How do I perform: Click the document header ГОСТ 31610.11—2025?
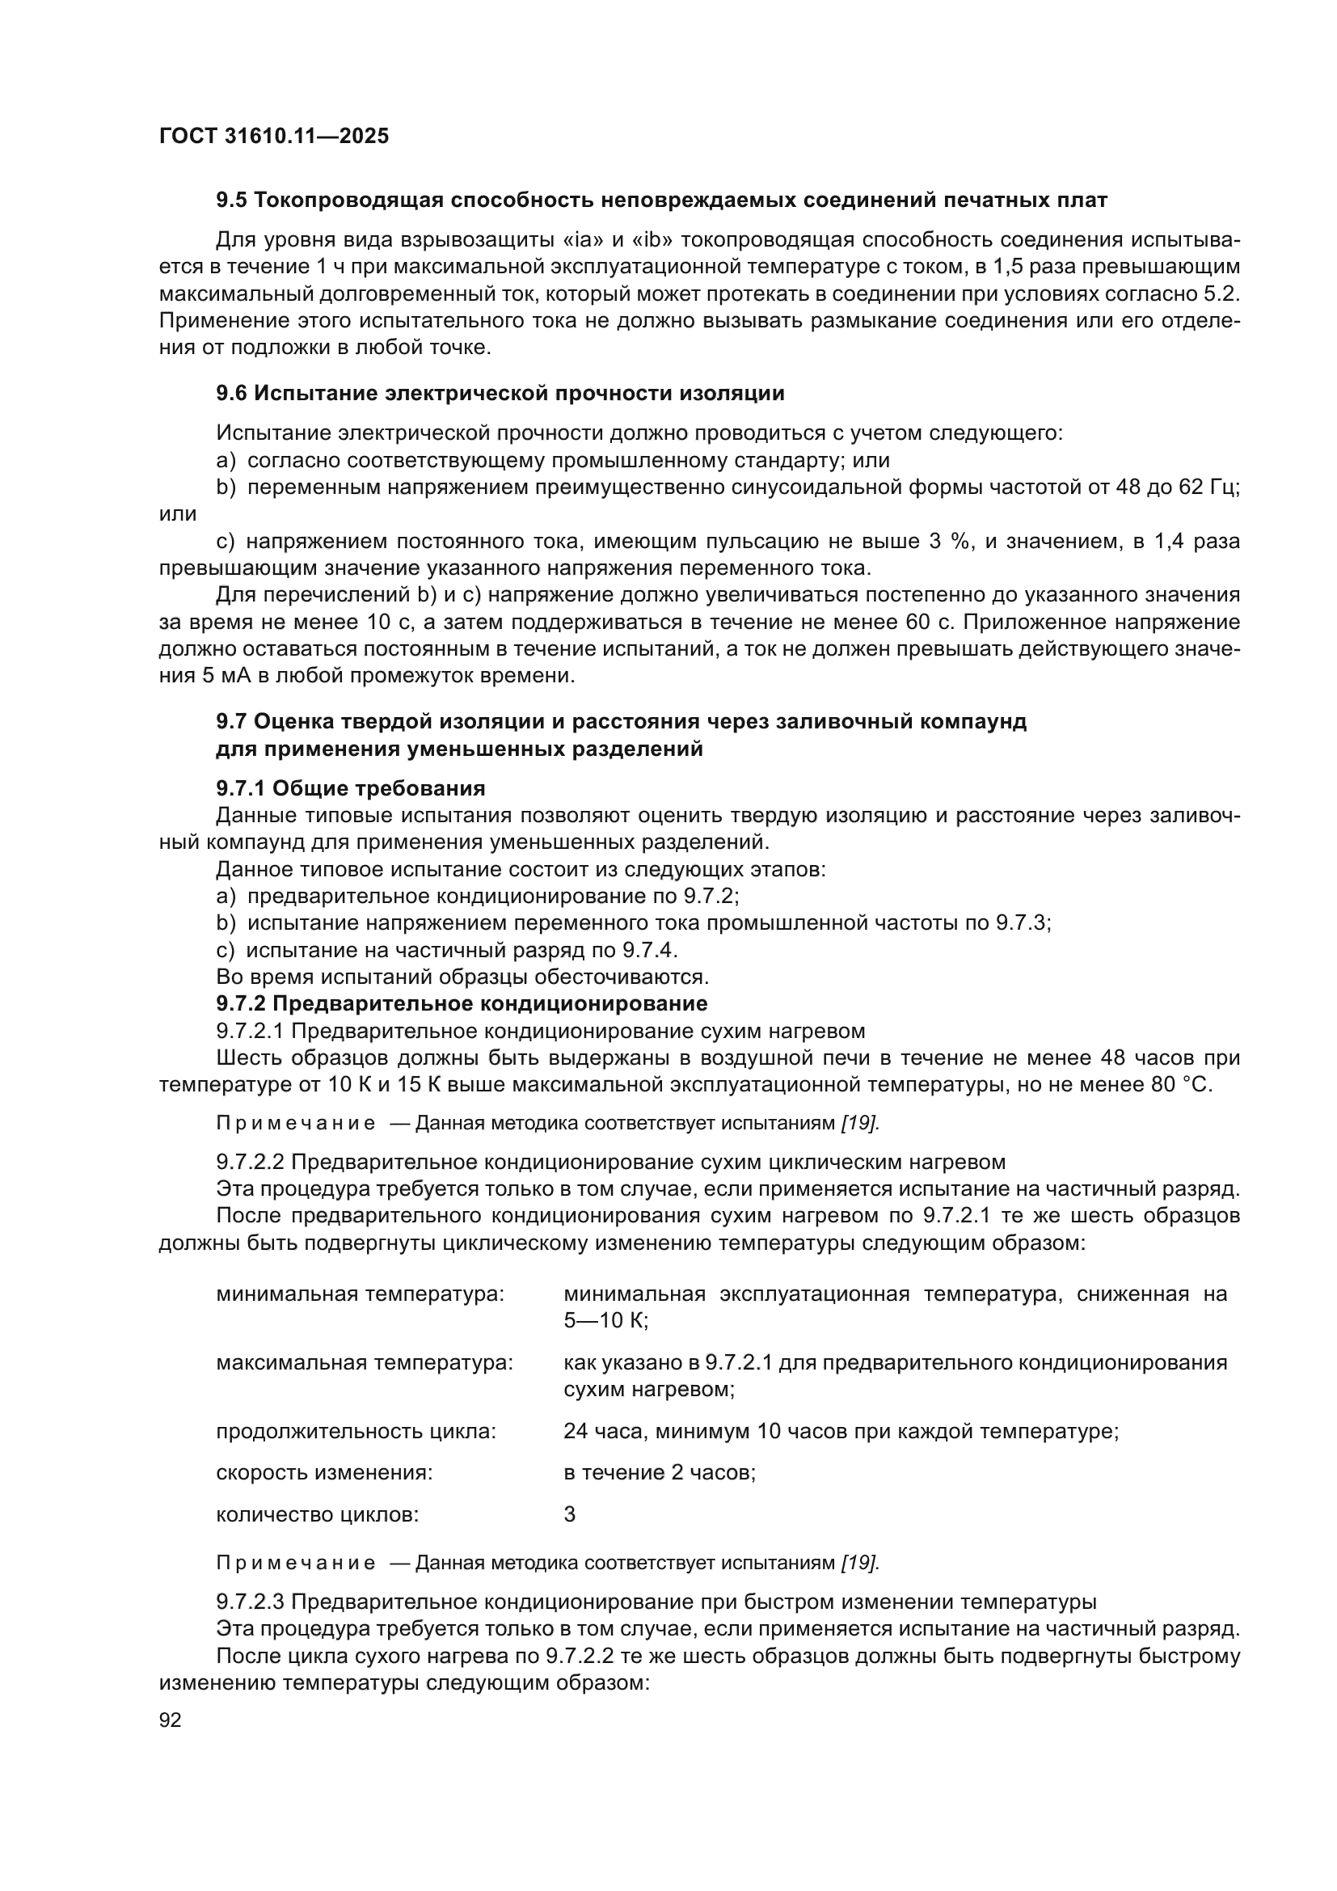coord(273,136)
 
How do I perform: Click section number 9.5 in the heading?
coord(231,200)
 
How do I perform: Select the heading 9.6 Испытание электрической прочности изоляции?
coord(500,393)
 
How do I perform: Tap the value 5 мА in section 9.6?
coord(218,676)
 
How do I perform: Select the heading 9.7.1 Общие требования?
coord(350,788)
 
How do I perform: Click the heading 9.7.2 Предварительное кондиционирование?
coord(461,1003)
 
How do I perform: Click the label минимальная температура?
coord(360,1294)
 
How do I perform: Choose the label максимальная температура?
coord(364,1362)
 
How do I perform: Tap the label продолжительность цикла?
coord(356,1432)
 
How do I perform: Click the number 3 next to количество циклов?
coord(570,1513)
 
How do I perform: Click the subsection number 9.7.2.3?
coord(251,1602)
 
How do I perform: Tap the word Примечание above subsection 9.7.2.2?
coord(296,1124)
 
